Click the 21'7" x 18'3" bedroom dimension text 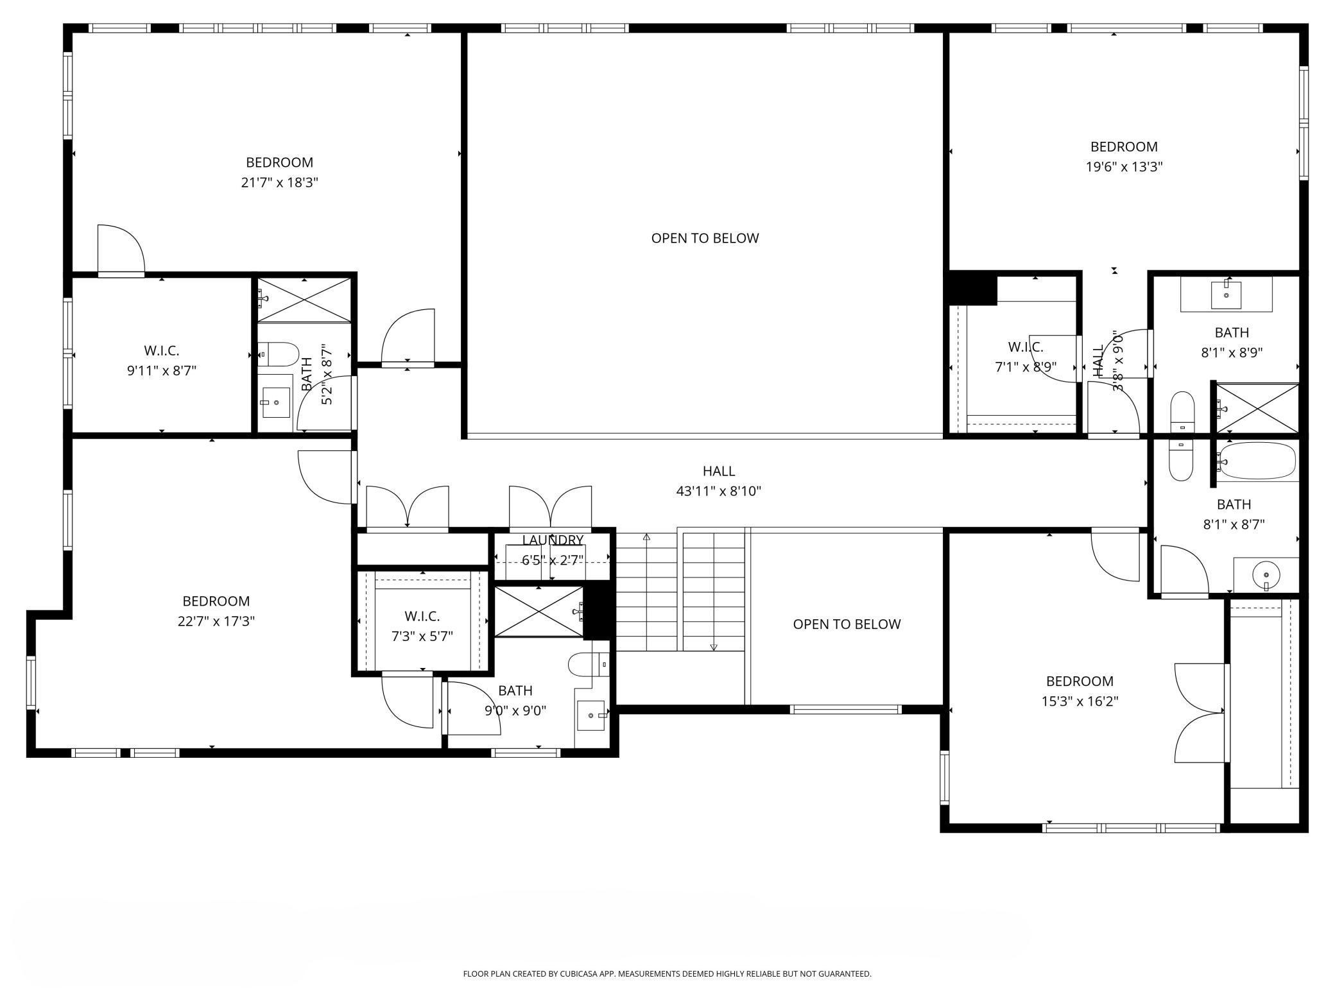[279, 183]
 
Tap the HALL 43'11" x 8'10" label [718, 481]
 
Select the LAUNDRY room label [552, 540]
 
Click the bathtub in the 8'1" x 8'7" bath [1257, 461]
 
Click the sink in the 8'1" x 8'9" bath [1226, 295]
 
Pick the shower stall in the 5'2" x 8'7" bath [304, 300]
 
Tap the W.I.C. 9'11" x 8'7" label [161, 360]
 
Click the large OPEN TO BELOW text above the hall [705, 238]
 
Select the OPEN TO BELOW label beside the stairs [847, 624]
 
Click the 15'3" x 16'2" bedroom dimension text [1080, 701]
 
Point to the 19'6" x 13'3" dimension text [1124, 167]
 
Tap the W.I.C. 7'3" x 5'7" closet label [422, 626]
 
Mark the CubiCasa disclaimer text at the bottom [667, 973]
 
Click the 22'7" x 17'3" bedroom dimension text [216, 621]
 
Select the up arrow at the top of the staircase [646, 537]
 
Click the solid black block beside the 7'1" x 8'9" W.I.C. [972, 288]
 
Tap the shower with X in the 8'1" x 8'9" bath [1257, 408]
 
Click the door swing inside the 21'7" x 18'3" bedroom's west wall [120, 250]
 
